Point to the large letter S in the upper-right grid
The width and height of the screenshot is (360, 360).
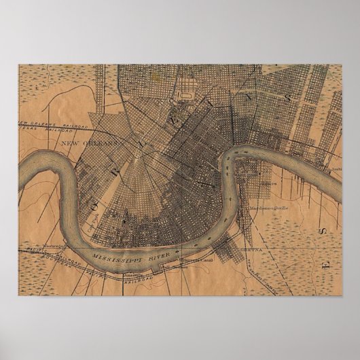click(x=288, y=96)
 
